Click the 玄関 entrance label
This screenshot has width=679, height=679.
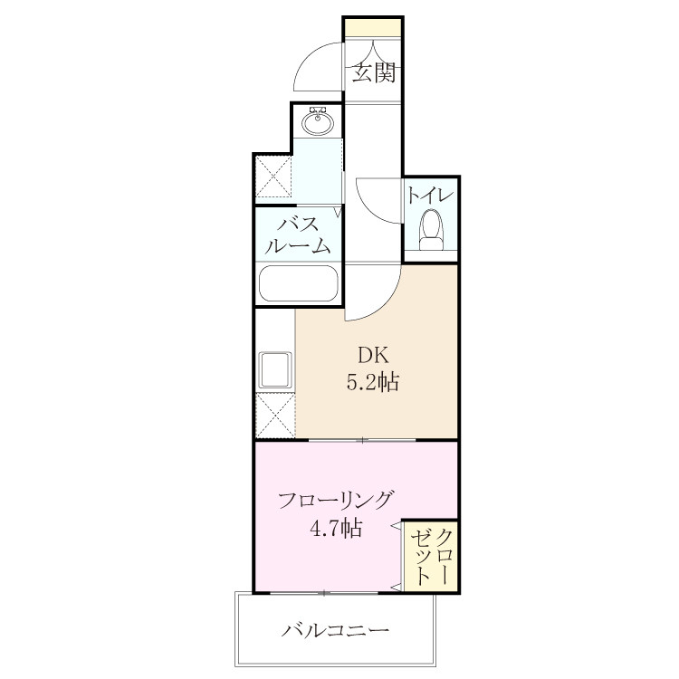[373, 72]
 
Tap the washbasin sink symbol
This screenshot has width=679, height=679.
[318, 122]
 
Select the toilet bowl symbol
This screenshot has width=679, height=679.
[431, 230]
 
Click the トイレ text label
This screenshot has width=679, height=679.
[430, 196]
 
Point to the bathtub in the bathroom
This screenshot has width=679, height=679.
[299, 282]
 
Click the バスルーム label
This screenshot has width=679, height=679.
[298, 235]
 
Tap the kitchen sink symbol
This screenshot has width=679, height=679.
[275, 370]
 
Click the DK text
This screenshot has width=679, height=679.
[373, 356]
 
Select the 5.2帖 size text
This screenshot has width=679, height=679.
[373, 382]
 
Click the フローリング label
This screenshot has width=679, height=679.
[336, 501]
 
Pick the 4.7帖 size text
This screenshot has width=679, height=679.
[336, 529]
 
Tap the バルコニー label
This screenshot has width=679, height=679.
[335, 629]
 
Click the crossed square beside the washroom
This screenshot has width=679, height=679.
[273, 177]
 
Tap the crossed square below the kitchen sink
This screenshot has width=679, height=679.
[275, 415]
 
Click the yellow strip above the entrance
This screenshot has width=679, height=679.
[373, 29]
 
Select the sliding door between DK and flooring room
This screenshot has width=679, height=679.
[362, 440]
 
